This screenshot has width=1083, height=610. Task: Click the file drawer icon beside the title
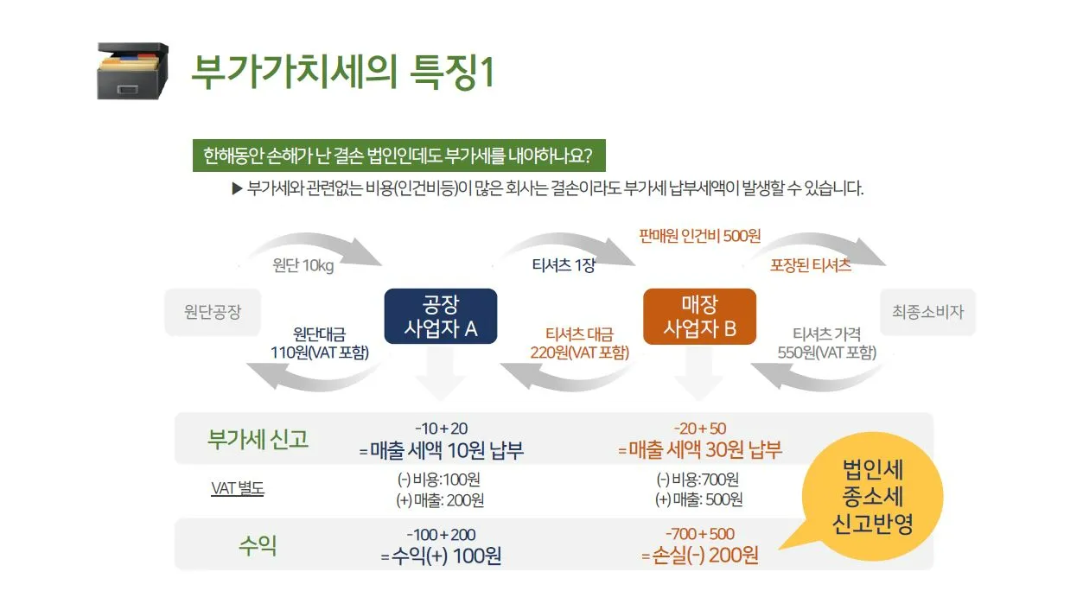coord(132,72)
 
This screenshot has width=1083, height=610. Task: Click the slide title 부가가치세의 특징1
coord(342,73)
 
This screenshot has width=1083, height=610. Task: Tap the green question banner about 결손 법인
coord(398,157)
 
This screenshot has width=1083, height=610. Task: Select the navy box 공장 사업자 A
coord(440,316)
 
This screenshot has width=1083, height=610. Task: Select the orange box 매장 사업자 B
coord(700,316)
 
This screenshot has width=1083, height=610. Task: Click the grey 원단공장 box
coord(213,312)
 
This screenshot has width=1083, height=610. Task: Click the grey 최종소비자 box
coord(927,312)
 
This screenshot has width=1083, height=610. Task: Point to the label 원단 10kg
coord(303,265)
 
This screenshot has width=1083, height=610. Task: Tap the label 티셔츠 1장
coord(564,265)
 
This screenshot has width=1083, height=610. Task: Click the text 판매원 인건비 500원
coord(700,236)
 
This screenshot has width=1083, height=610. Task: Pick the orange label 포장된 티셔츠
coord(810,265)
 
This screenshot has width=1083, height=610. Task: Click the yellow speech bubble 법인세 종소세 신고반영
coord(873,497)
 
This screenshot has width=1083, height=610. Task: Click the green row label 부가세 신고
coord(258,438)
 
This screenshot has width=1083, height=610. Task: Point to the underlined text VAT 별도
coord(238,489)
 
